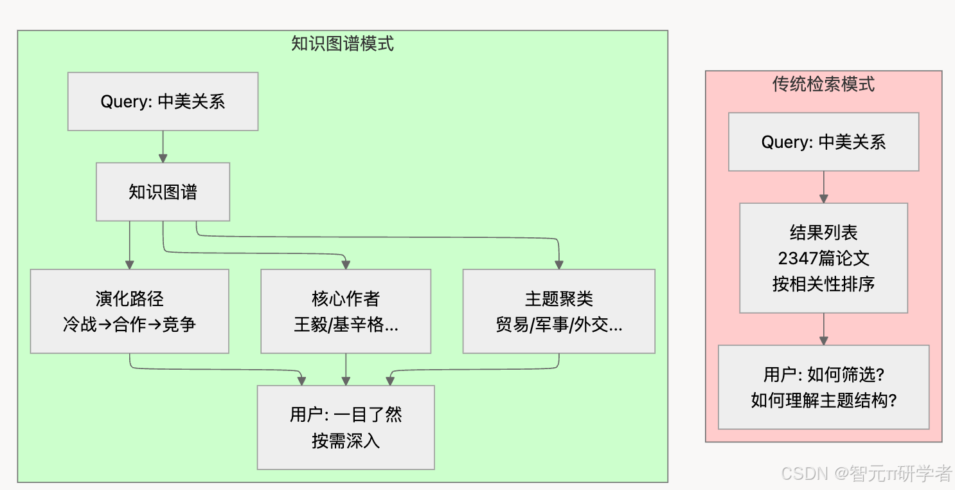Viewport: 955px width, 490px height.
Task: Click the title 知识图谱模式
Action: [342, 44]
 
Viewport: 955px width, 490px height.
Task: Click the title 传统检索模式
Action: [823, 84]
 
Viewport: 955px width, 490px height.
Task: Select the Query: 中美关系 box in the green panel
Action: [163, 102]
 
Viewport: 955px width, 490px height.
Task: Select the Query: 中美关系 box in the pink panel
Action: [823, 142]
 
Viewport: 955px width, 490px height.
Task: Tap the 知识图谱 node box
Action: [163, 192]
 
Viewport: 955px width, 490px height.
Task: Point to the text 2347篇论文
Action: [823, 259]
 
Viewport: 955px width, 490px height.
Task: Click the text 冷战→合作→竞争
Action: [129, 325]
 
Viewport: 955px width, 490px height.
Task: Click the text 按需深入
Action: [346, 441]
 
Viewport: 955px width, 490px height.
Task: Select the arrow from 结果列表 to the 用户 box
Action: [823, 329]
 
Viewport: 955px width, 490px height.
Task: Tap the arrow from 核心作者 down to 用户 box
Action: [346, 369]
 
